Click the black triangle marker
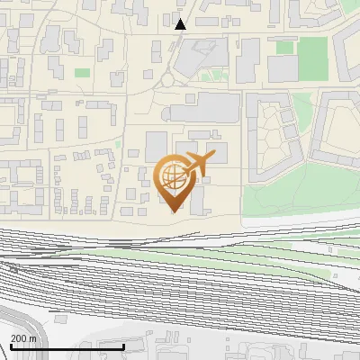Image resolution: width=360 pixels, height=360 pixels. [x=181, y=23]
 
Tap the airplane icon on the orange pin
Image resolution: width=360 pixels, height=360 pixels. [x=197, y=165]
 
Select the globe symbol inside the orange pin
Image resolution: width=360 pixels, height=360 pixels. [x=171, y=176]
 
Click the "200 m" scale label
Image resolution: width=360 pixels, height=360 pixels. [x=23, y=337]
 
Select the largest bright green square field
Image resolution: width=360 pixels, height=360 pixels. [x=312, y=58]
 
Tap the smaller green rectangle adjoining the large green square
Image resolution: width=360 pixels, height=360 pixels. [x=285, y=47]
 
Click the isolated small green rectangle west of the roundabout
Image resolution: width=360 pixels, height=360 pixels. [x=83, y=73]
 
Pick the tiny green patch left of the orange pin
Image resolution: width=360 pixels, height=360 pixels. [x=118, y=143]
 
